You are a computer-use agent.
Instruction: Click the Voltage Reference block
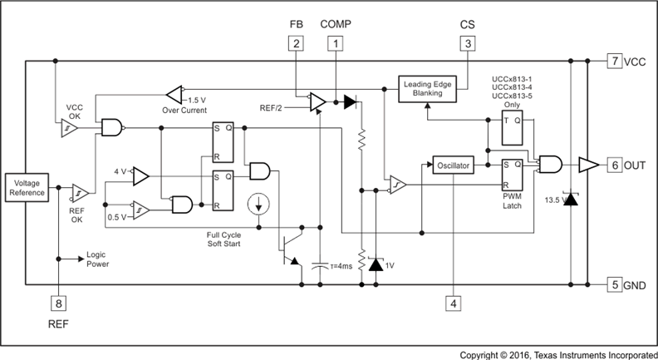tap(27, 187)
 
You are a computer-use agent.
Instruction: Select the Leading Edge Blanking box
tap(427, 89)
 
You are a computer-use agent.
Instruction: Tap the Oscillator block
tap(454, 165)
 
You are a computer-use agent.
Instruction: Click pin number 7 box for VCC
tap(615, 61)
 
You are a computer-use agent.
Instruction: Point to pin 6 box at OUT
tap(615, 165)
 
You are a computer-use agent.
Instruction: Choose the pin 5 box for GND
tap(615, 285)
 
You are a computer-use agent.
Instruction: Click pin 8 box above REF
tap(58, 303)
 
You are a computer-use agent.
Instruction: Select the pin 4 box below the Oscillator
tap(454, 303)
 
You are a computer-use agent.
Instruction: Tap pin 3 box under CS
tap(468, 43)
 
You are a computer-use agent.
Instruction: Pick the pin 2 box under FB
tap(297, 43)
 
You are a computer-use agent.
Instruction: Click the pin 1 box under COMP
tap(336, 43)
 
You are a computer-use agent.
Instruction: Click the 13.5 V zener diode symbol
tap(571, 200)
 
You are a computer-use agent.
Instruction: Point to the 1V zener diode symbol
tap(376, 264)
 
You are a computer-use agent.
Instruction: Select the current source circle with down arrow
tap(259, 204)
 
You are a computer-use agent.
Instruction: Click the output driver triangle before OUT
tap(589, 165)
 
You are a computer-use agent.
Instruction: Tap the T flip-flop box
tap(513, 128)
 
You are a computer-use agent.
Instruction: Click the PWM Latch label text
tap(512, 201)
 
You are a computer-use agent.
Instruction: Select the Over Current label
tap(184, 111)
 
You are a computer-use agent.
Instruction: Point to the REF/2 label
tap(271, 108)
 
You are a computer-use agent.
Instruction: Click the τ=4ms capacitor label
tap(341, 266)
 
